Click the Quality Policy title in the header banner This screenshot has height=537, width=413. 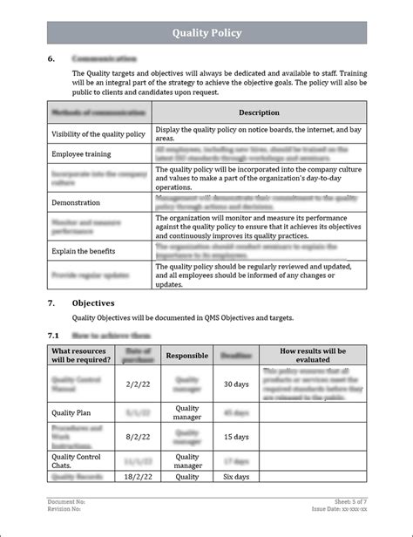(x=206, y=33)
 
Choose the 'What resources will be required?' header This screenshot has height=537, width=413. (x=81, y=355)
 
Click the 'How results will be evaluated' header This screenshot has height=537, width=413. (x=312, y=355)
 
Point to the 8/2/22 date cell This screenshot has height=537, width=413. (x=138, y=436)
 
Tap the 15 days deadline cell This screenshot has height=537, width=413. (x=237, y=436)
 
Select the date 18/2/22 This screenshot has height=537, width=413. (x=138, y=477)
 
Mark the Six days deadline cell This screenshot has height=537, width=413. (x=237, y=477)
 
